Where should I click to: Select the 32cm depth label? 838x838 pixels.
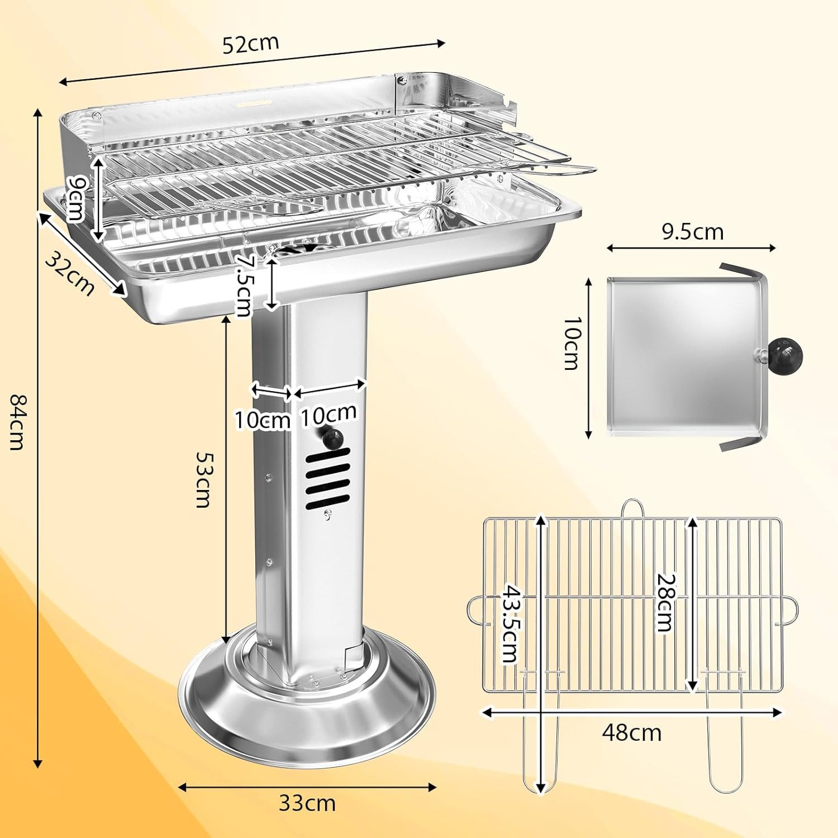[x=69, y=274]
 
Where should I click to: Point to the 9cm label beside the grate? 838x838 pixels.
[x=75, y=198]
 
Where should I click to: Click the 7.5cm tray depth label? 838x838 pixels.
[x=245, y=285]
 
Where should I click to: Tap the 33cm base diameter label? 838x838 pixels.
[x=307, y=803]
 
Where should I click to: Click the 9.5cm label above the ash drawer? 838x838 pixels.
[x=692, y=231]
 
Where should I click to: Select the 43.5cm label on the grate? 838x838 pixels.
[x=509, y=623]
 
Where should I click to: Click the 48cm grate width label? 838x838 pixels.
[x=631, y=732]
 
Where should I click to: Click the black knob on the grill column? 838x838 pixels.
[x=333, y=439]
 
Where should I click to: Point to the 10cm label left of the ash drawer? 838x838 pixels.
[x=571, y=343]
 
